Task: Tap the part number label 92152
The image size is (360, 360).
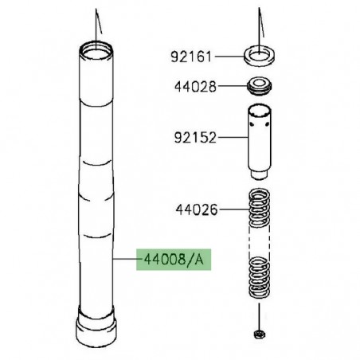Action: (x=193, y=138)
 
